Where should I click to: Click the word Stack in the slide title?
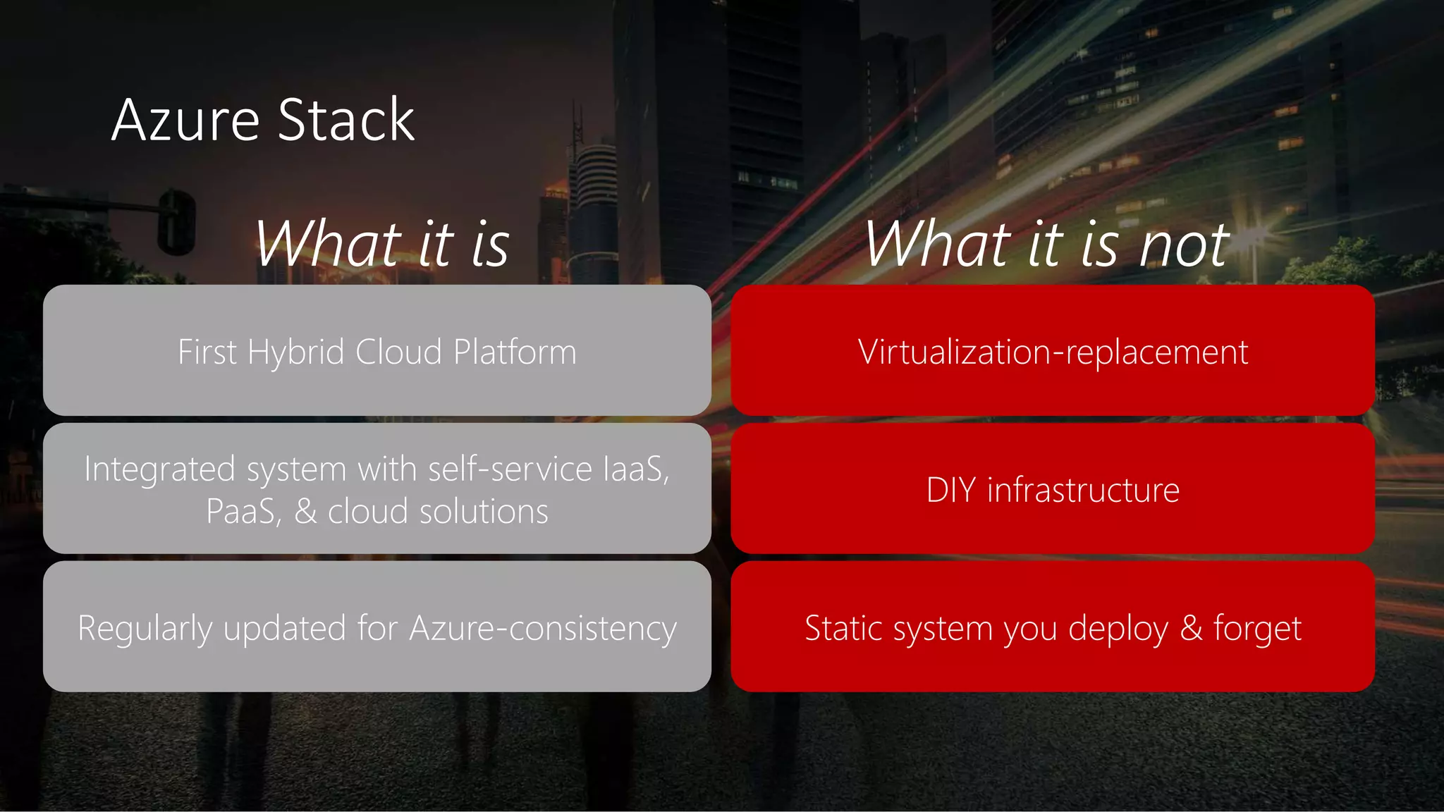[x=346, y=121]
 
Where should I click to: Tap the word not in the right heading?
[x=1185, y=245]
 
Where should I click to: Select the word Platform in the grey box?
[x=515, y=352]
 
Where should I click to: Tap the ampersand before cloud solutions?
[x=305, y=512]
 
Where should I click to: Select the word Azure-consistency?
[x=543, y=629]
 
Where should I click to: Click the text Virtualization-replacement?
[x=1053, y=352]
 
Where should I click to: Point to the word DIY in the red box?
[x=950, y=490]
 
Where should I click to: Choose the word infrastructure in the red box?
[x=1083, y=490]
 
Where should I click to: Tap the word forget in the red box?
[x=1257, y=629]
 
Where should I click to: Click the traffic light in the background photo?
[x=176, y=221]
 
